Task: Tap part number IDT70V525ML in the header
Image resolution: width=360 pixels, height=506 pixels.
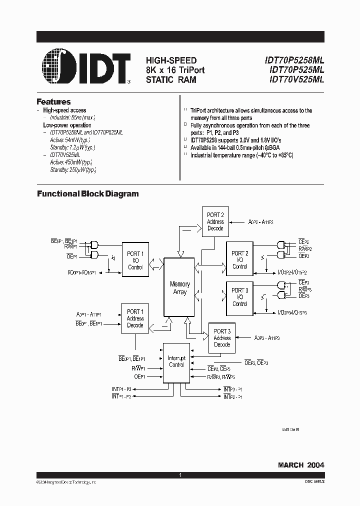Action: pos(296,79)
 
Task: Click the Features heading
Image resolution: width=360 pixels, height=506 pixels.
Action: pos(53,101)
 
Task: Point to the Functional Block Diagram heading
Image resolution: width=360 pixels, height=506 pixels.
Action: pos(88,194)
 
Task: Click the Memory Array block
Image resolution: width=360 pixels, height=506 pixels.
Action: pos(179,288)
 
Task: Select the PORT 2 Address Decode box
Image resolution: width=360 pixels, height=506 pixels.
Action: pos(215,221)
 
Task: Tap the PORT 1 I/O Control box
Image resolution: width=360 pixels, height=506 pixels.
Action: pos(135,260)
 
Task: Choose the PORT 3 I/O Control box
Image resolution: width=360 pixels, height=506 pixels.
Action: pos(240,297)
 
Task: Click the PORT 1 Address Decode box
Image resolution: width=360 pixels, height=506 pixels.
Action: pos(135,318)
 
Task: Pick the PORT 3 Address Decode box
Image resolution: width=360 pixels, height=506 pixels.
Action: pos(222,338)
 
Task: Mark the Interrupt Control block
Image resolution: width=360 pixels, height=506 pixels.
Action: pos(176,362)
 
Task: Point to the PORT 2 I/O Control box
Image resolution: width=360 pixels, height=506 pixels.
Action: pos(240,260)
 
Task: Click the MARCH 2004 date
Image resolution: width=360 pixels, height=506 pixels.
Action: pos(301,465)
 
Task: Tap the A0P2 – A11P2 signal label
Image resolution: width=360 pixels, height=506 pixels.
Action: pos(264,221)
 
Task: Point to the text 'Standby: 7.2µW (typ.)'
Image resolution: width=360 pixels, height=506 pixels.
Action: pos(72,147)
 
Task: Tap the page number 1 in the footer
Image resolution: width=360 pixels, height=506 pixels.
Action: pos(179,474)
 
